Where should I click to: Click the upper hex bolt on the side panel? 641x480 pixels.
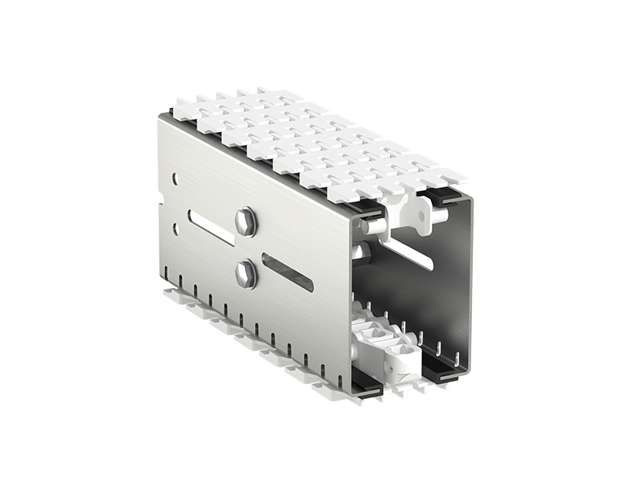[246, 222]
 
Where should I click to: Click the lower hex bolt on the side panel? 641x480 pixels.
[246, 274]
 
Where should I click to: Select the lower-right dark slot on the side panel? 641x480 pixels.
[287, 272]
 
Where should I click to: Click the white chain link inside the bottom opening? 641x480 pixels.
[393, 352]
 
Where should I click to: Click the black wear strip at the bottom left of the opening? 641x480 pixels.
[365, 380]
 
